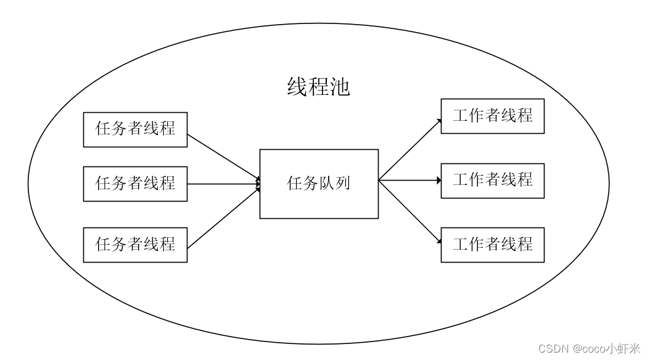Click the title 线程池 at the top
tap(319, 87)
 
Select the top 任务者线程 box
tap(135, 129)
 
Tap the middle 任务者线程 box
tap(135, 184)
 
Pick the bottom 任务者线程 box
tap(135, 245)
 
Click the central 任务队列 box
tap(319, 184)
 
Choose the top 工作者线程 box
tap(492, 116)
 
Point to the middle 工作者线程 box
tap(492, 181)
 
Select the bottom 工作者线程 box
tap(492, 245)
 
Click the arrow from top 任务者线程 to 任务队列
tap(222, 157)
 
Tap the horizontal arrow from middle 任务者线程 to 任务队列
tap(222, 184)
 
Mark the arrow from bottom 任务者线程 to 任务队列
tap(222, 216)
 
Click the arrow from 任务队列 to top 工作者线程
tap(409, 149)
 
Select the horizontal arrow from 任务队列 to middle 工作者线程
tap(409, 181)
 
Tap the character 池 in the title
tap(340, 87)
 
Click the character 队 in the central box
tap(327, 184)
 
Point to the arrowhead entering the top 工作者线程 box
tap(438, 120)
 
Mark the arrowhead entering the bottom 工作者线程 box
tap(438, 242)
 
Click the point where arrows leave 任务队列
tap(379, 181)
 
